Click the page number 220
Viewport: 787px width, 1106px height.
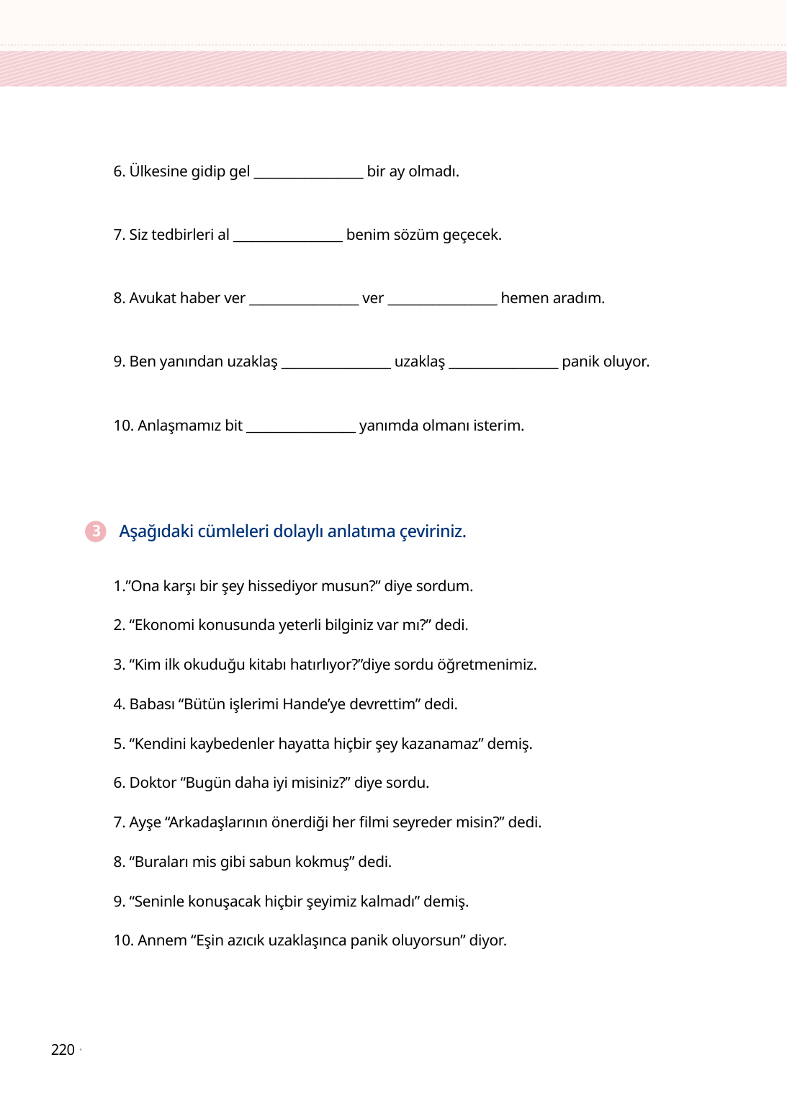pyautogui.click(x=63, y=1050)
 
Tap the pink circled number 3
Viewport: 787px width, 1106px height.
pyautogui.click(x=95, y=531)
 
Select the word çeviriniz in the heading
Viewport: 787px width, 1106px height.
pyautogui.click(x=433, y=531)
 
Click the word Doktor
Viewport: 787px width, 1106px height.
pyautogui.click(x=153, y=783)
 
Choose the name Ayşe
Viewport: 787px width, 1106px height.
pyautogui.click(x=145, y=822)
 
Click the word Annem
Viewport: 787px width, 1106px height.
pyautogui.click(x=162, y=940)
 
